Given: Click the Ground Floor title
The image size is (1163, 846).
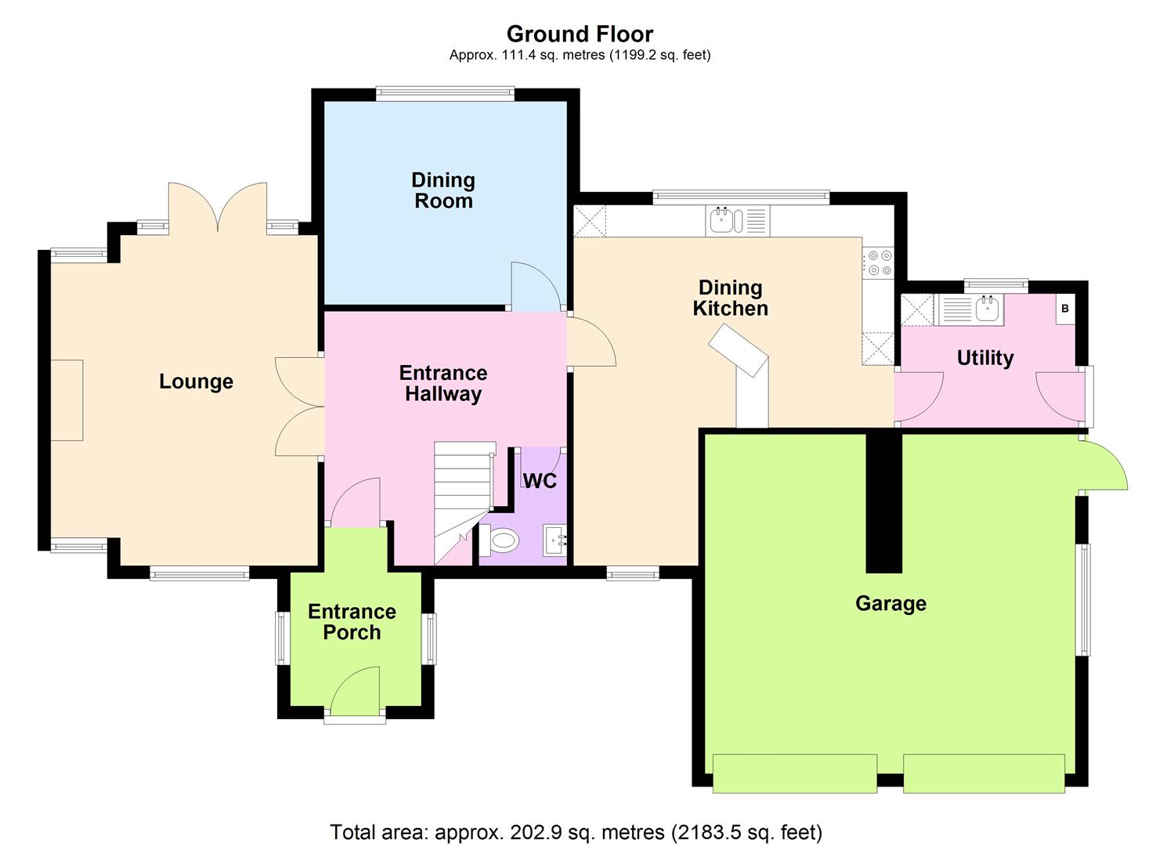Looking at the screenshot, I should pyautogui.click(x=580, y=34).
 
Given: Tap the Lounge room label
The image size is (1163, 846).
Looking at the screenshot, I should pyautogui.click(x=196, y=381).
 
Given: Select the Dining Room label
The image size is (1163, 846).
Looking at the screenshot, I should pyautogui.click(x=443, y=190).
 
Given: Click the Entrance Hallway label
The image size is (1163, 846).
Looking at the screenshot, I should pyautogui.click(x=443, y=383).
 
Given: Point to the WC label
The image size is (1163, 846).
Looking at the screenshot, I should pyautogui.click(x=540, y=480).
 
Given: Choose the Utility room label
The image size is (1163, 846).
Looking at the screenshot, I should pyautogui.click(x=985, y=358).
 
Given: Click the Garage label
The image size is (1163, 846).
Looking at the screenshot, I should pyautogui.click(x=890, y=603).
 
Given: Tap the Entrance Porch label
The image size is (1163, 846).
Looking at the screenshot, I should pyautogui.click(x=352, y=622).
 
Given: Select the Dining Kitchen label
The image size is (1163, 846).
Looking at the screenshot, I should pyautogui.click(x=730, y=298).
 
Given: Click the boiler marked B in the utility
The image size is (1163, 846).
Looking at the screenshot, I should pyautogui.click(x=1064, y=309).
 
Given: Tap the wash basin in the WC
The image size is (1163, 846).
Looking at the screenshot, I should pyautogui.click(x=556, y=539).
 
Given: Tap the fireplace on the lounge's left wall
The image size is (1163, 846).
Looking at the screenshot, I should pyautogui.click(x=67, y=399).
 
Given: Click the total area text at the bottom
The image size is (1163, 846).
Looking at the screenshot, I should pyautogui.click(x=576, y=831).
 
